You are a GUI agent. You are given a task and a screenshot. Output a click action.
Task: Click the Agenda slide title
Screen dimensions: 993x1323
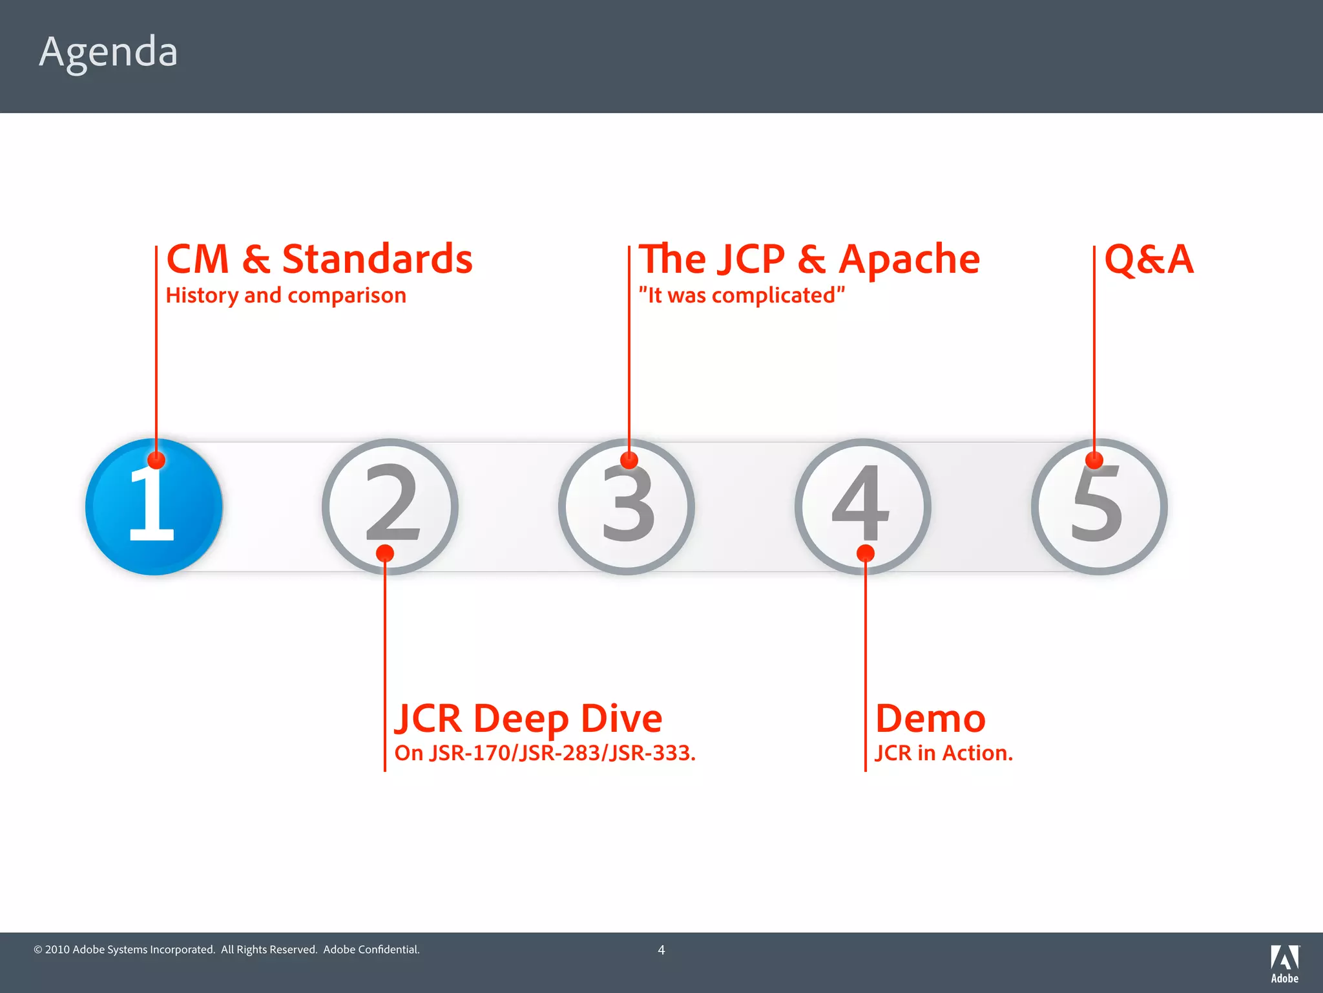click(x=108, y=52)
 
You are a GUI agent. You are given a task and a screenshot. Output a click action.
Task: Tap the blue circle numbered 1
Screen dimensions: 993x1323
click(x=154, y=507)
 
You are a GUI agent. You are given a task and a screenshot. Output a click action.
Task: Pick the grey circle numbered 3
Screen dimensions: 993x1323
click(x=627, y=507)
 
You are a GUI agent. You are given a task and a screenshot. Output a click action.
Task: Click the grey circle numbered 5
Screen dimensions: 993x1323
click(x=1099, y=507)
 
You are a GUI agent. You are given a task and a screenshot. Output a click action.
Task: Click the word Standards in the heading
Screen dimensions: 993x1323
click(x=377, y=259)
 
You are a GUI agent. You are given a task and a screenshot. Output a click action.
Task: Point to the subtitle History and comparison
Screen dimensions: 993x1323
click(x=286, y=295)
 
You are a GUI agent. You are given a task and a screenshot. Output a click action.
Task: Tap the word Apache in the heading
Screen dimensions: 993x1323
click(x=909, y=259)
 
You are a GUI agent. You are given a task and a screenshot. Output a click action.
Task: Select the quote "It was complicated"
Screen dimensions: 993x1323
click(x=742, y=295)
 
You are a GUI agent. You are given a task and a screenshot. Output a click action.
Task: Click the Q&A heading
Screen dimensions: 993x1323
click(x=1149, y=259)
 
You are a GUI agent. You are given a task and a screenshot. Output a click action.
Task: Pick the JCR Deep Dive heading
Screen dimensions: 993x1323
click(x=528, y=718)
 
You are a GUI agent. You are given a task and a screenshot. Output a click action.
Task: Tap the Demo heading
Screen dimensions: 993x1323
click(x=930, y=718)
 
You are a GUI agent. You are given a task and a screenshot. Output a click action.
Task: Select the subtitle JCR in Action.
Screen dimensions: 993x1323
click(x=943, y=753)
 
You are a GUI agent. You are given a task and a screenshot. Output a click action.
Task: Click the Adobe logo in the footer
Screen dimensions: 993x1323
click(x=1284, y=963)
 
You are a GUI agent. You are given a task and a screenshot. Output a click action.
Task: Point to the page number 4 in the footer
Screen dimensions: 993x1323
click(x=661, y=950)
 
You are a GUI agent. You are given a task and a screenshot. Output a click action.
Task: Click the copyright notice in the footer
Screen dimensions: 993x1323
click(x=226, y=950)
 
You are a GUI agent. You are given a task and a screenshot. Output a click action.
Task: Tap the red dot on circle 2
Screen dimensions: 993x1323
click(x=385, y=553)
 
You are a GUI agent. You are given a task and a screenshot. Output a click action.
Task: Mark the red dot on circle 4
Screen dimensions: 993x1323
click(x=866, y=553)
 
